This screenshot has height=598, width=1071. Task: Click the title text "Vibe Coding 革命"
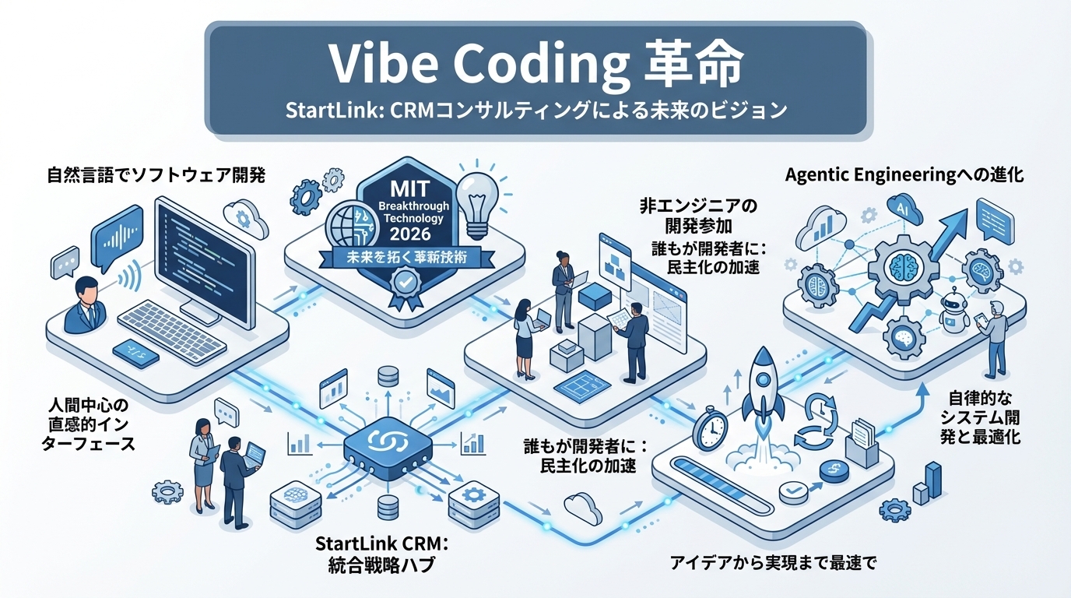coord(535,65)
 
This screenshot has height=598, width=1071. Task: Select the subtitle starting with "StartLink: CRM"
coord(536,109)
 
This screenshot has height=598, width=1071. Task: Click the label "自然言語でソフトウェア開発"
coord(155,175)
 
